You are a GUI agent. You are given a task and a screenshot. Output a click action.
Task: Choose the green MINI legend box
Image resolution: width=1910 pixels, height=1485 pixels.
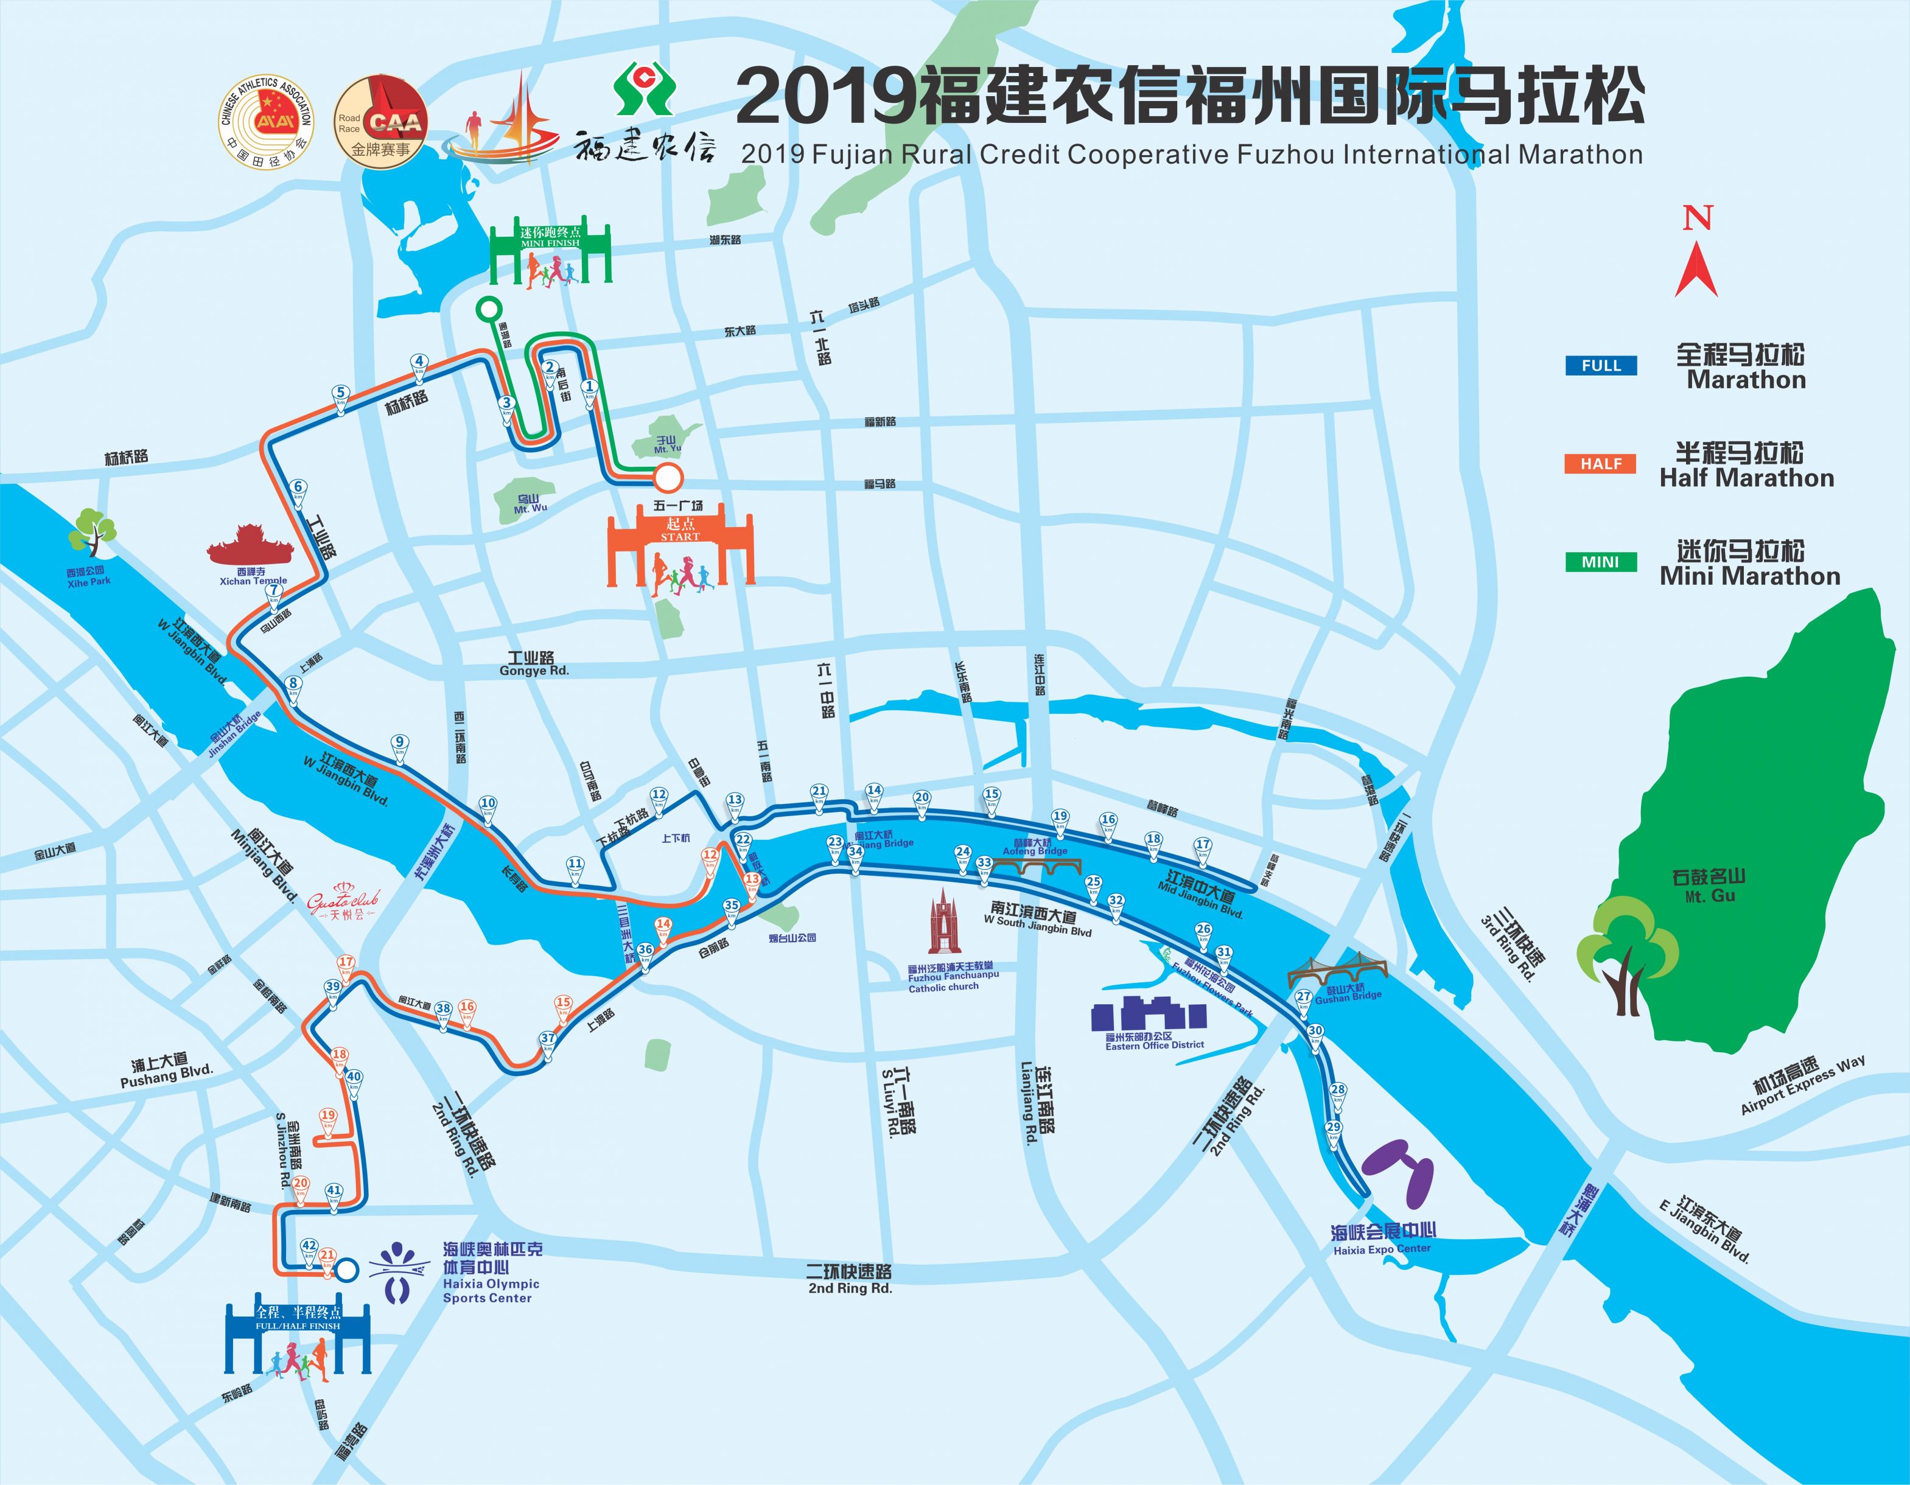pyautogui.click(x=1600, y=562)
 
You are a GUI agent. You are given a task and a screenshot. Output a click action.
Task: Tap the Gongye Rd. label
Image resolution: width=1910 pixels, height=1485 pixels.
pyautogui.click(x=534, y=664)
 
